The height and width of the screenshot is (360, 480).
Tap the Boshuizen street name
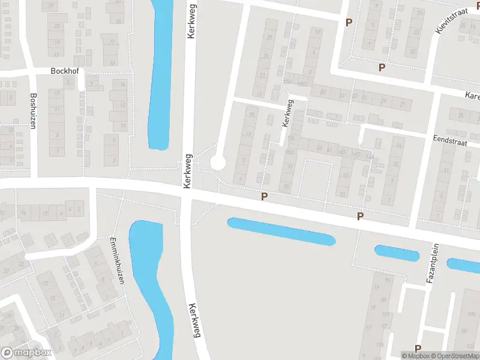tap(34, 106)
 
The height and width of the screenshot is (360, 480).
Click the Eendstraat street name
tap(449, 138)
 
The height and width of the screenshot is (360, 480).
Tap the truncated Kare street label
tap(472, 95)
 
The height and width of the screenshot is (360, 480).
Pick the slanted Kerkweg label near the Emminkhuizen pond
tap(194, 320)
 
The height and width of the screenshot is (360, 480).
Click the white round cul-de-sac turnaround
tap(217, 162)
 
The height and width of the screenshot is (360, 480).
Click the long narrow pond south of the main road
tap(281, 231)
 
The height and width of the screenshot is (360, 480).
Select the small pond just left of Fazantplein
tap(397, 253)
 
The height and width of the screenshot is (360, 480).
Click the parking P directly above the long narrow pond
tap(263, 196)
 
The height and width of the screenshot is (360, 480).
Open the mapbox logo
tap(26, 353)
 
